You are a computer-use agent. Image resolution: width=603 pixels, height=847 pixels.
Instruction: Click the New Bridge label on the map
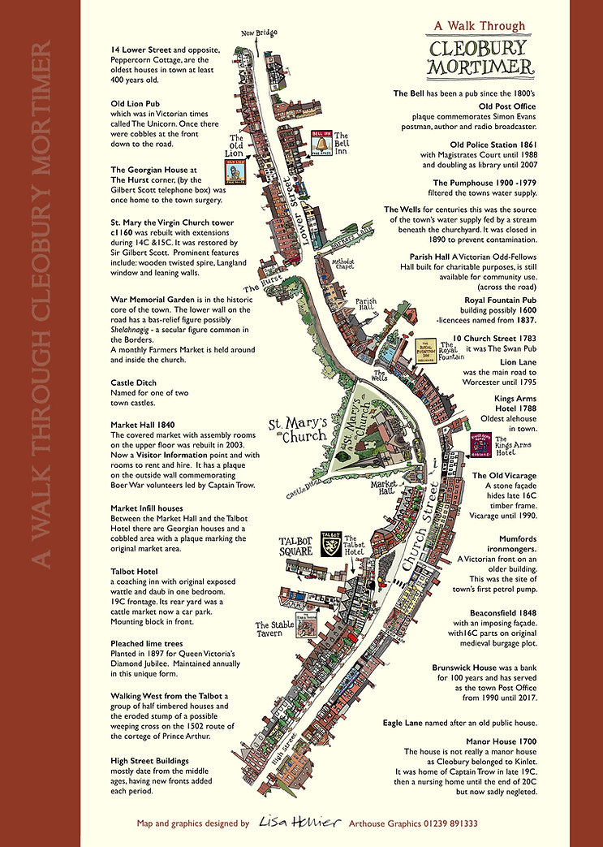tap(260, 32)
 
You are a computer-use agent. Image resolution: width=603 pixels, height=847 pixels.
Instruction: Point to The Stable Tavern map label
tap(274, 630)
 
